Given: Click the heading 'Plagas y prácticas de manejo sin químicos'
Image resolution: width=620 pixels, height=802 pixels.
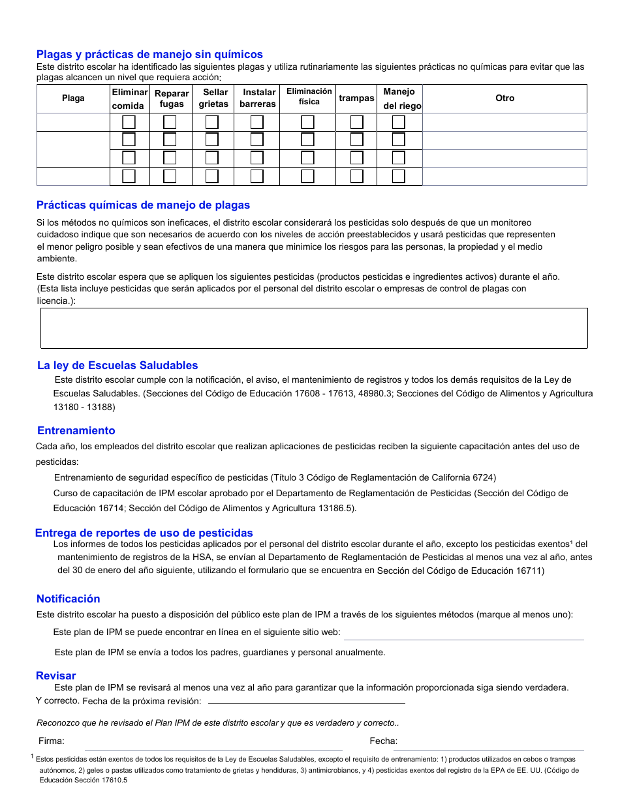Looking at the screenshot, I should (149, 55).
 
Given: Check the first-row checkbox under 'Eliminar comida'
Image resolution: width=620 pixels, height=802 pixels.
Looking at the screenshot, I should (129, 123).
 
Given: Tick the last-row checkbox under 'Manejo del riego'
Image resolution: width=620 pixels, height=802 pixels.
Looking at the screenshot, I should (398, 176).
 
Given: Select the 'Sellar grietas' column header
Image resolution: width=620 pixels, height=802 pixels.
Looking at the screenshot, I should (215, 98).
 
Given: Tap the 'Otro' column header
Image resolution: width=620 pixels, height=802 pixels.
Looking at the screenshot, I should (504, 98).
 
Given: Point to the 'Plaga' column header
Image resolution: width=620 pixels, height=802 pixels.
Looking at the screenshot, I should (73, 98).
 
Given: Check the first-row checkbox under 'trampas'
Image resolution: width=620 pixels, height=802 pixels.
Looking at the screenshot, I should (356, 123).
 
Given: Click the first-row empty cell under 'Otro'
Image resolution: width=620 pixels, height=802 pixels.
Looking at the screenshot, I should (504, 123).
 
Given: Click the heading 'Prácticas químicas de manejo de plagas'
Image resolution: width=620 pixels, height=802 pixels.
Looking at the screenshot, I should (143, 205).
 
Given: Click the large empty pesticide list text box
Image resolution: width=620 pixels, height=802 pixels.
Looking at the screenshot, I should (314, 328).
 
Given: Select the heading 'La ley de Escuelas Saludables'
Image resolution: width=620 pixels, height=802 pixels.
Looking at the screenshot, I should (117, 366).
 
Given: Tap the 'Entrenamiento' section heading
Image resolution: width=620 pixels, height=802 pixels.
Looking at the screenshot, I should (76, 431).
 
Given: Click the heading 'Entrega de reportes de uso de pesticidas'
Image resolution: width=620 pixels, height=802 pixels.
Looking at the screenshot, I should (144, 533).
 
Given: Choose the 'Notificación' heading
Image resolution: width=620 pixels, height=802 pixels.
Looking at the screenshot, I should (68, 599).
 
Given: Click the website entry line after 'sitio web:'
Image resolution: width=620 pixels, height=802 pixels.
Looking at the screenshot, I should (463, 634).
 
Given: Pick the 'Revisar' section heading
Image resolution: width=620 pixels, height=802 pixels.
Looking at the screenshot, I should (55, 676).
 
